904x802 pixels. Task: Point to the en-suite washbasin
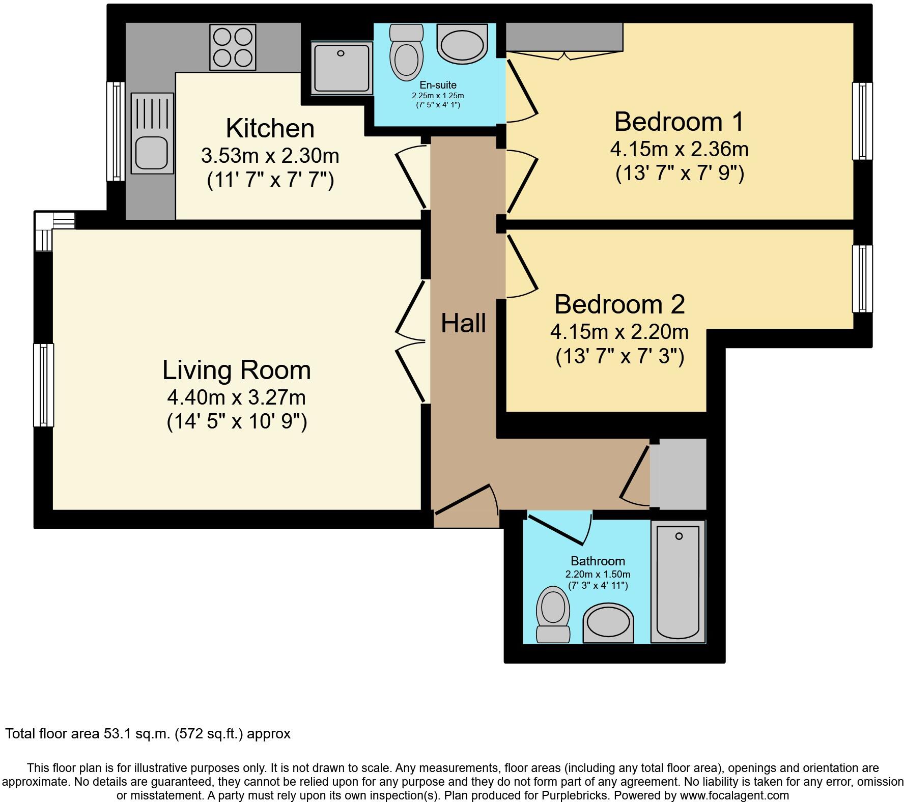point(462,43)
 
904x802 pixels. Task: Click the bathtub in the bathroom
point(678,581)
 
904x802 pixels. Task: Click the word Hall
point(463,323)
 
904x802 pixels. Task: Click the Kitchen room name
point(270,128)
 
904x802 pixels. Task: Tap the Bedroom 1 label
point(679,122)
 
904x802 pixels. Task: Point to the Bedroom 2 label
point(619,304)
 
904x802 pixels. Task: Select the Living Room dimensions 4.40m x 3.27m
point(236,396)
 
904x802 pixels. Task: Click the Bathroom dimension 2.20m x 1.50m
point(598,574)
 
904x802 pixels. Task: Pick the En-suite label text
point(438,85)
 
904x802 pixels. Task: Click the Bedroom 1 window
point(862,121)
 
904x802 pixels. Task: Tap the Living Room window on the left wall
point(44,385)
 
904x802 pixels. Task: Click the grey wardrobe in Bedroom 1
point(564,37)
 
